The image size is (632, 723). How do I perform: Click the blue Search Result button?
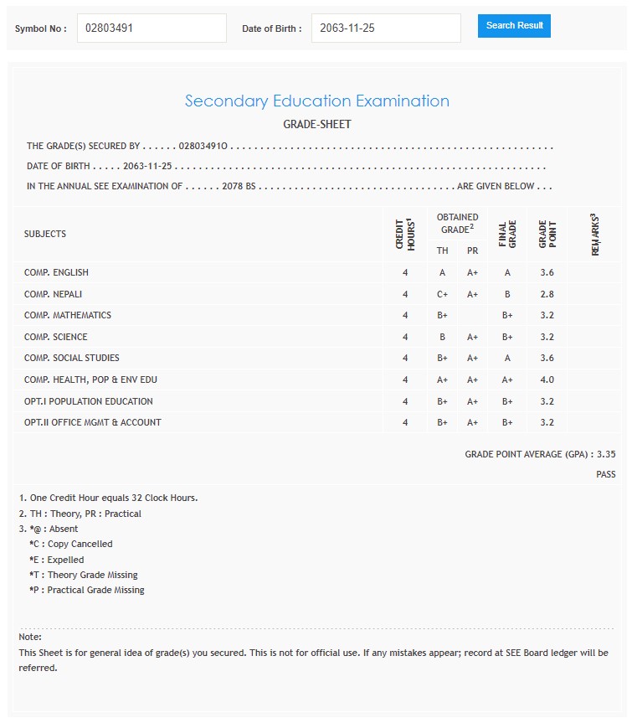coord(514,26)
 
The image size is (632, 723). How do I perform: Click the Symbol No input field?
coord(152,28)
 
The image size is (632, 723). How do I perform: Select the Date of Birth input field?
coord(385,28)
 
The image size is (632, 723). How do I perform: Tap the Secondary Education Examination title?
coord(316,101)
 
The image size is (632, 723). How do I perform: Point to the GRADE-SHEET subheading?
coord(316,125)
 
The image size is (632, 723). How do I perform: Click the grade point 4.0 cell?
coord(547,380)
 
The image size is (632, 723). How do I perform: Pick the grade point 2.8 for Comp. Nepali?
coord(547,294)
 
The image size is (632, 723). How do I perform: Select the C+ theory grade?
coord(442,294)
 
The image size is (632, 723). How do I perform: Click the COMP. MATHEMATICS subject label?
coord(68,315)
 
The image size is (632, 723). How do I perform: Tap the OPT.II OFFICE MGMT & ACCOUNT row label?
coord(93,422)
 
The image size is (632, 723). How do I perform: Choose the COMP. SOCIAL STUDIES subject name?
coord(72,358)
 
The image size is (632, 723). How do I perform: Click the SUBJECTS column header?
coord(45,234)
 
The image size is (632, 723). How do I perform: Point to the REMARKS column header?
coord(595,235)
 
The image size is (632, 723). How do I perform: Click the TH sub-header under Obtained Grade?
coord(442,250)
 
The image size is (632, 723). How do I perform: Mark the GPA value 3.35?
coord(606,454)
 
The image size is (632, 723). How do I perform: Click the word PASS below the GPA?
coord(605,474)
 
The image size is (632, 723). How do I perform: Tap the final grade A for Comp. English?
coord(507,272)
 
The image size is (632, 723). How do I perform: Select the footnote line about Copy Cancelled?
coord(70,544)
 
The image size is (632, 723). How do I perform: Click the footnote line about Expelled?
coord(56,560)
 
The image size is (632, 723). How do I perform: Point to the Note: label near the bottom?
coord(30,637)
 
